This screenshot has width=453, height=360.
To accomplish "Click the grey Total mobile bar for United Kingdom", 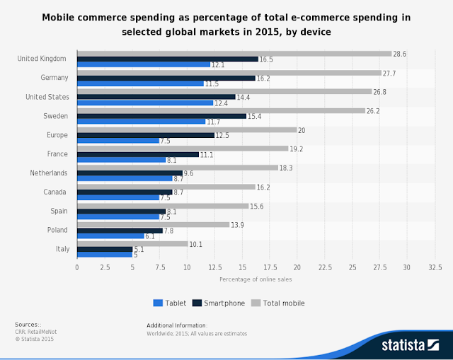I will [x=234, y=53].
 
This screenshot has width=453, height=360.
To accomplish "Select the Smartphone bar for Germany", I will [x=166, y=78].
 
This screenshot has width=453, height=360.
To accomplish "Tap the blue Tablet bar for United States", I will [x=144, y=103].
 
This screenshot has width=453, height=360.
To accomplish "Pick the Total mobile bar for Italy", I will [x=132, y=243].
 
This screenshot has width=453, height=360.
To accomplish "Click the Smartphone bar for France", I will [x=138, y=154].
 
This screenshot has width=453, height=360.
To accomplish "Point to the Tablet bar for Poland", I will [x=110, y=236].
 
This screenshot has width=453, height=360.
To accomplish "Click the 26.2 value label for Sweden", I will [x=374, y=110].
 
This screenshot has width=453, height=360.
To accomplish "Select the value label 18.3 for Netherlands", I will [x=287, y=168].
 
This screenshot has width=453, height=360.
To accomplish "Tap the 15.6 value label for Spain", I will [x=257, y=206].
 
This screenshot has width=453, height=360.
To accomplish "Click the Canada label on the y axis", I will [x=57, y=192].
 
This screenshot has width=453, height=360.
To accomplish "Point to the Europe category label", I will [x=57, y=134].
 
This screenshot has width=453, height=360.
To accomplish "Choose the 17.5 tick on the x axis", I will [x=270, y=267].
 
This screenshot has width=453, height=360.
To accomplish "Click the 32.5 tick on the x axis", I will [x=435, y=267].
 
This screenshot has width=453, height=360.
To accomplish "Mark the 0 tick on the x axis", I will [x=77, y=267].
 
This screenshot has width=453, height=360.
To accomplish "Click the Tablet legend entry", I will [x=170, y=303].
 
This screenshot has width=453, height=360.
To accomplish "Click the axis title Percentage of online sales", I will [x=256, y=280].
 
